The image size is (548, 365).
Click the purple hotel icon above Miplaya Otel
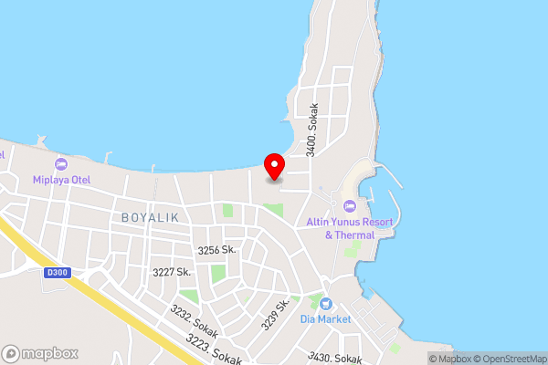(61, 163)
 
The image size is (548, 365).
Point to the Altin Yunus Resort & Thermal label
(350, 228)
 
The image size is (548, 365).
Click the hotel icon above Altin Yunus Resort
(350, 204)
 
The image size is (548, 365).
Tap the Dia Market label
(325, 319)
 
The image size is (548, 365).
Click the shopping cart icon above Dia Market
(325, 304)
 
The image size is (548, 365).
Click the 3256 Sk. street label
(216, 249)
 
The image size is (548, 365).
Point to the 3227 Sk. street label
(171, 272)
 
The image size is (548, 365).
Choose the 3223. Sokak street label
(215, 349)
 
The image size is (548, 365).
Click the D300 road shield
(57, 272)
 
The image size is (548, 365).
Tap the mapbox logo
(40, 353)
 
